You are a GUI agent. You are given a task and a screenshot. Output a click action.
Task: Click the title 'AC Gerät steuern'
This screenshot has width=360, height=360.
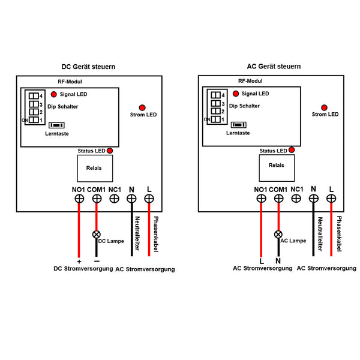click(274, 67)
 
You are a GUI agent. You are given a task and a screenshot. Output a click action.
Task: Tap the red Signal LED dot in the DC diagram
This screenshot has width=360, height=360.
click(53, 95)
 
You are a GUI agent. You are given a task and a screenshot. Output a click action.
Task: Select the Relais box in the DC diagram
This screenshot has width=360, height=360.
click(94, 168)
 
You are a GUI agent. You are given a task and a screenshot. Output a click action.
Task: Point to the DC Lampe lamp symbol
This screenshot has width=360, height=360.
click(95, 234)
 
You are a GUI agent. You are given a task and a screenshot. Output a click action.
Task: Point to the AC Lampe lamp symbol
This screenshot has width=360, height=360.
click(278, 235)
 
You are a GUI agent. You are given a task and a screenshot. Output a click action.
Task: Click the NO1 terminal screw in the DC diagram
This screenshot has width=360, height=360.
click(79, 199)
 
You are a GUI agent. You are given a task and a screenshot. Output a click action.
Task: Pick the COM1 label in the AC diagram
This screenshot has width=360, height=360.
click(278, 190)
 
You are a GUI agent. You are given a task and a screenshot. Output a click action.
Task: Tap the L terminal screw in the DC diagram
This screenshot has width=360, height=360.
click(149, 199)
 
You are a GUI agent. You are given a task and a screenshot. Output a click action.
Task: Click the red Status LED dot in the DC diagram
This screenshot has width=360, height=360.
click(110, 151)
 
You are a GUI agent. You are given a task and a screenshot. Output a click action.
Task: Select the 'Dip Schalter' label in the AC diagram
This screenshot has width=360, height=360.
click(245, 106)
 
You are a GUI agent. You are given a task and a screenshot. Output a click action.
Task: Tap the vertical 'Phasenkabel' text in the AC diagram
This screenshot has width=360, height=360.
click(340, 235)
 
